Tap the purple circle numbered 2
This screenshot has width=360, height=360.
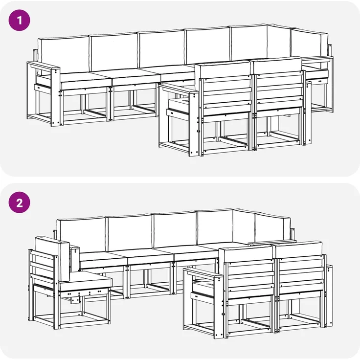(x=20, y=202)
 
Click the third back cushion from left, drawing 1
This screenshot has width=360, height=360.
(x=160, y=49)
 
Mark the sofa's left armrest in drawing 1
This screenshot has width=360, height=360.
(x=43, y=65)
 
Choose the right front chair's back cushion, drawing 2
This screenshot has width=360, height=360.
(x=299, y=249)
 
